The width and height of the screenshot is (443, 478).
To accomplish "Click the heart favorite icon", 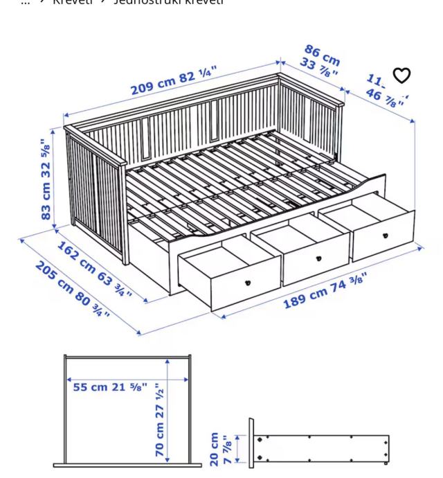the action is click(401, 75).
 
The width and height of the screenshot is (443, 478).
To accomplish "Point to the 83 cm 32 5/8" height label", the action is click(45, 179).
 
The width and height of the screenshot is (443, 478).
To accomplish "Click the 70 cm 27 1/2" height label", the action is click(159, 419).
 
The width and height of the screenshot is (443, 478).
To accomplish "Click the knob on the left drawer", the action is click(247, 283).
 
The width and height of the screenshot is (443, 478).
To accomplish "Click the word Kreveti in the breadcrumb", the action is click(72, 2).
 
